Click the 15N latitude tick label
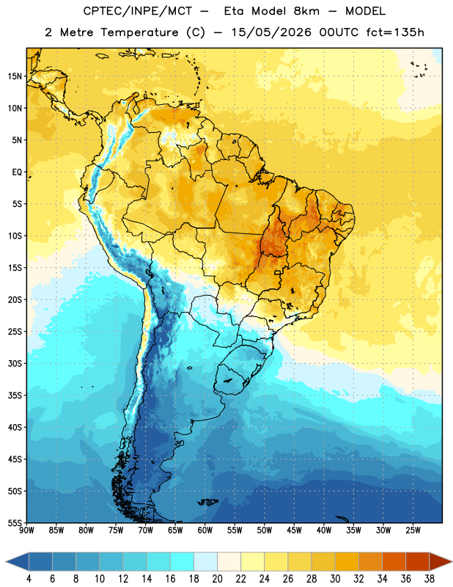(15, 76)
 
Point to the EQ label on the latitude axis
(17, 172)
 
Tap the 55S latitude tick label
(15, 523)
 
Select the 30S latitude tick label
(15, 363)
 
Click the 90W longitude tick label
(26, 531)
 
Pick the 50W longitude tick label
(265, 531)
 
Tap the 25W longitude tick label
(413, 531)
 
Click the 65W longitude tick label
(175, 531)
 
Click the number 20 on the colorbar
(217, 579)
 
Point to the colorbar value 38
(430, 579)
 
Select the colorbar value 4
(29, 579)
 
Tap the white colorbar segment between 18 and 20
(205, 562)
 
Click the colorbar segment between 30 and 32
(347, 562)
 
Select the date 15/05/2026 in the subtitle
(270, 32)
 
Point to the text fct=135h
(395, 32)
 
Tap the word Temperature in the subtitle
(139, 32)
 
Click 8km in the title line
(306, 11)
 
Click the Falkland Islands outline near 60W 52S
(207, 502)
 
